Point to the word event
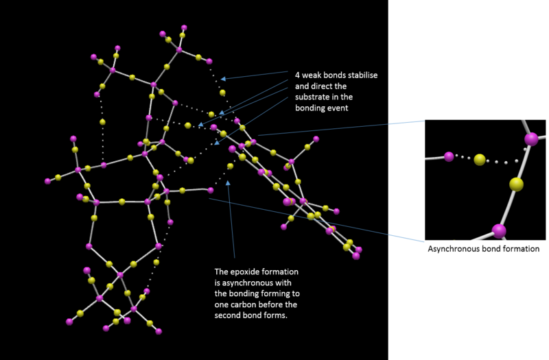point(338,108)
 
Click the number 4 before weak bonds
point(297,75)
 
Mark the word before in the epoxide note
point(276,304)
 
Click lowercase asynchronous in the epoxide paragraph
point(247,283)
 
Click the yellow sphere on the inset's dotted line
point(480,160)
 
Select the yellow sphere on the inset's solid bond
point(516,184)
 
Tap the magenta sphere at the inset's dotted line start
point(449,156)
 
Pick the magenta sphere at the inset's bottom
point(499,231)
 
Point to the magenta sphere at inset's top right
point(531,139)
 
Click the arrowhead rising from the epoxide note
point(228,182)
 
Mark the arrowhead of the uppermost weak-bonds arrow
point(223,79)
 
